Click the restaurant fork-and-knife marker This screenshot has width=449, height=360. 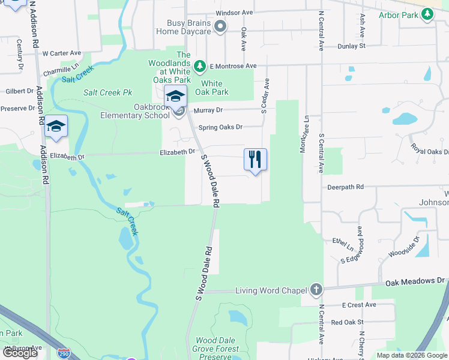(x=255, y=159)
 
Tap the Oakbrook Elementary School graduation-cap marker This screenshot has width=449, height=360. (x=176, y=96)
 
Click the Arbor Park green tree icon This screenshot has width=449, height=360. (x=427, y=16)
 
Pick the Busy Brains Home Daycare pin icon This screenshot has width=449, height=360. (x=220, y=26)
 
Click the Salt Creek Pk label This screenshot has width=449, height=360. (x=107, y=92)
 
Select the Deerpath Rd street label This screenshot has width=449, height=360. (x=345, y=187)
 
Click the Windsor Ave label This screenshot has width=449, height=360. (x=234, y=12)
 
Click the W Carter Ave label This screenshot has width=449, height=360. (x=61, y=53)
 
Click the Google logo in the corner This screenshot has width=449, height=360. (x=20, y=352)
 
